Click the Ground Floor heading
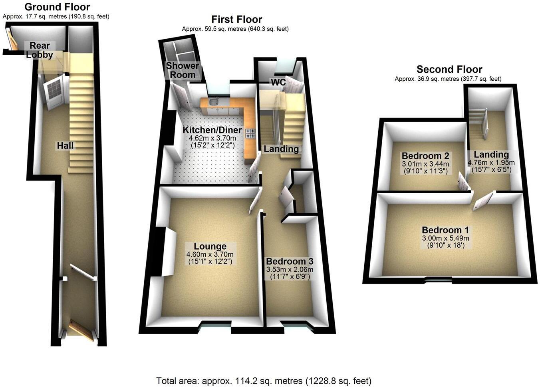point(57,7)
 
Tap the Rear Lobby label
point(40,50)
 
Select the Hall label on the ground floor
point(65,146)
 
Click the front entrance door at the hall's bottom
point(81,331)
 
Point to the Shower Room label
point(183,70)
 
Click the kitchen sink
point(213,102)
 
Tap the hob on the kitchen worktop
point(250,133)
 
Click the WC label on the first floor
point(278,83)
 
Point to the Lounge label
point(210,247)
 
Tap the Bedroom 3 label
point(290,262)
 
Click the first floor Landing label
point(281,149)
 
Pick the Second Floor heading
point(449,69)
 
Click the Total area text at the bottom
point(264,381)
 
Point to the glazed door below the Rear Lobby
point(54,93)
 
